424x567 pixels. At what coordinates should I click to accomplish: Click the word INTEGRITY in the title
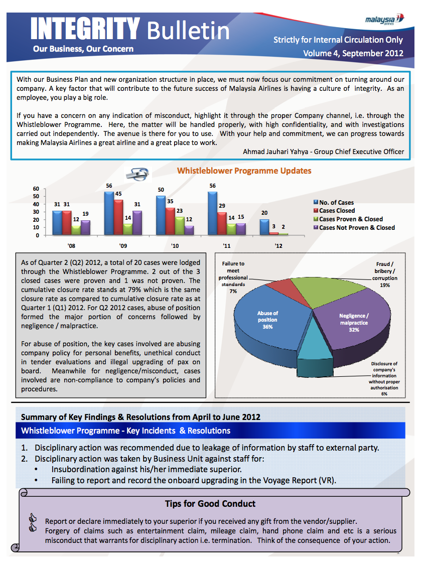tap(85, 28)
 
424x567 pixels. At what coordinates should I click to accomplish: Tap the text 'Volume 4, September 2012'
tap(353, 53)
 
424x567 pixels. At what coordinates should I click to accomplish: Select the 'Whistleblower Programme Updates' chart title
tap(244, 171)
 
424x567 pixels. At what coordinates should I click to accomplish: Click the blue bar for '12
tap(264, 227)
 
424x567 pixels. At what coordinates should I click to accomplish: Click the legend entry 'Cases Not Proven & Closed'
tap(357, 227)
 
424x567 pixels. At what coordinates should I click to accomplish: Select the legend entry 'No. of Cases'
tap(336, 203)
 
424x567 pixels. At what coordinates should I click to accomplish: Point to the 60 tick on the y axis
tap(36, 189)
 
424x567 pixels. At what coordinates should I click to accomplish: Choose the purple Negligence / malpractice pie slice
tap(351, 321)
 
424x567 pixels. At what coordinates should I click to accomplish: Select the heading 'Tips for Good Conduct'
tap(210, 503)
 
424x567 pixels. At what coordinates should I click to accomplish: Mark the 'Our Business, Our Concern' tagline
tap(83, 49)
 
